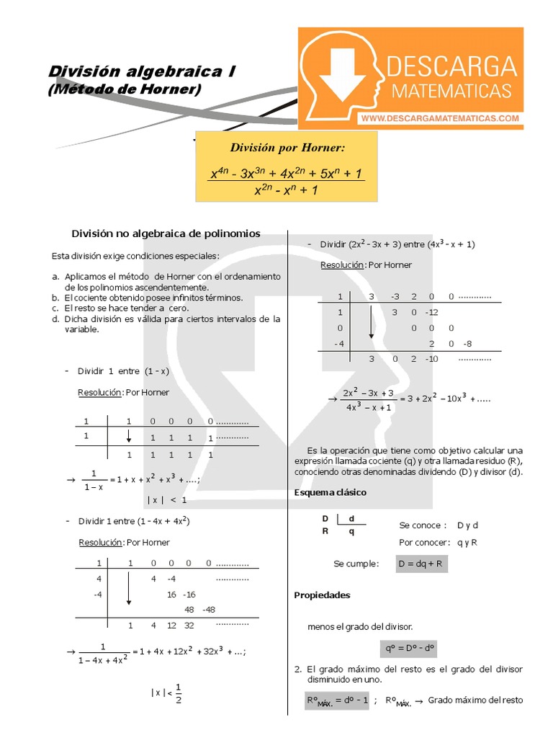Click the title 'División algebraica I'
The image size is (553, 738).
141,71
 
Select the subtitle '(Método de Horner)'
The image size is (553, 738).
125,89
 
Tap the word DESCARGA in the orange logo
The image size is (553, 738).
451,67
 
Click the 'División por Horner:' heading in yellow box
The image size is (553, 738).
287,148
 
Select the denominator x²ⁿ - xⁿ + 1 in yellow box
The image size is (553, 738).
287,190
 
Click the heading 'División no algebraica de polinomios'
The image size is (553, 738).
166,234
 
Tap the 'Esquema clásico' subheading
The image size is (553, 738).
331,492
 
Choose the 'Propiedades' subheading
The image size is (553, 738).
322,595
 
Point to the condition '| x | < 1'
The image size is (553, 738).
167,499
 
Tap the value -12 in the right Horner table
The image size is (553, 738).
432,312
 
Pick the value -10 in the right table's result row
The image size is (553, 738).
432,358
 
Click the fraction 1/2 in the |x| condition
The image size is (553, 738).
178,692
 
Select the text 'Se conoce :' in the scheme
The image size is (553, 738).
423,525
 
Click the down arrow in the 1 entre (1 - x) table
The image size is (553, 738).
128,437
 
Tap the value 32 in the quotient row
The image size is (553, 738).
189,626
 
